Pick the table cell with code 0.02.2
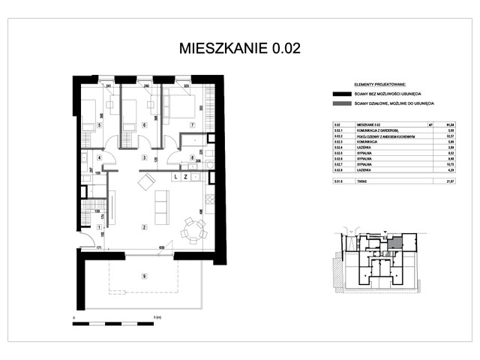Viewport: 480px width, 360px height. (x=337, y=136)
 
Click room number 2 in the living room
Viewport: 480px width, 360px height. (x=143, y=226)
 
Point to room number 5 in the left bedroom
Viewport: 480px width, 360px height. (x=99, y=125)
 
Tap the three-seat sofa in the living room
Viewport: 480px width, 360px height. (x=159, y=203)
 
